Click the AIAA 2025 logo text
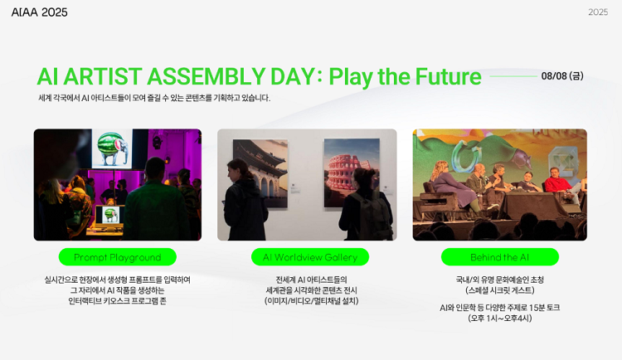tap(39, 12)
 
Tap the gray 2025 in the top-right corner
tap(598, 12)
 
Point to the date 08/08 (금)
tap(562, 75)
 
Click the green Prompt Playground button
tap(118, 257)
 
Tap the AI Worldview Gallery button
tap(310, 257)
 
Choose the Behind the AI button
tap(500, 257)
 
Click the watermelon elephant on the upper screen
tap(113, 148)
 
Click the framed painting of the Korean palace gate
tap(260, 173)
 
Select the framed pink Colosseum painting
tap(352, 173)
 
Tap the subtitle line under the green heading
tap(154, 98)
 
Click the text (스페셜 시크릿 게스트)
tap(500, 290)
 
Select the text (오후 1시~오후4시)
tap(500, 319)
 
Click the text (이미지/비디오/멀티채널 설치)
tap(311, 301)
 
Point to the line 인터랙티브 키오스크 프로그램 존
tap(118, 301)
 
